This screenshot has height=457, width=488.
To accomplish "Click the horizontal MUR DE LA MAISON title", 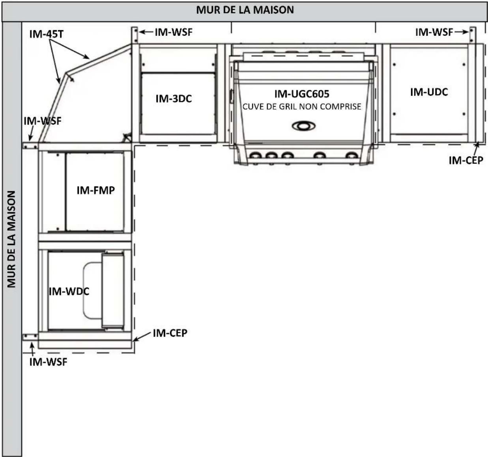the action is coord(245,10).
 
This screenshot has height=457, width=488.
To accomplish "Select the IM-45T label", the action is coord(47,34).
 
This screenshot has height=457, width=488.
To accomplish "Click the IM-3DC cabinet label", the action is coord(174,99).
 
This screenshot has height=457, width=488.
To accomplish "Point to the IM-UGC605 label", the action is coord(302,94).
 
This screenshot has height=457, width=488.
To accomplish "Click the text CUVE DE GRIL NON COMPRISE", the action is coord(302,106).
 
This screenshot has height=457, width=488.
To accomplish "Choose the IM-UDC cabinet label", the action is coord(429,92).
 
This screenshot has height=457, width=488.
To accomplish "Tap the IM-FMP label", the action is coord(95,190).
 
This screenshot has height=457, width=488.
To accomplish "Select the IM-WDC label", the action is coord(69,292).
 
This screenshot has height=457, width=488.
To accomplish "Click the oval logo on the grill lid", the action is coord(304,126).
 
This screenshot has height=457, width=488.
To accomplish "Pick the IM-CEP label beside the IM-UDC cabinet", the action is coord(466,160).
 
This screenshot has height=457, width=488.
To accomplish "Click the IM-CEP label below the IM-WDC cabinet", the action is coord(170,333).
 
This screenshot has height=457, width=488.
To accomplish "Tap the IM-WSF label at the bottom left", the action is coord(48,362).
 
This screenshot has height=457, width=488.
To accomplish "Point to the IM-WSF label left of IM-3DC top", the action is coord(174,32).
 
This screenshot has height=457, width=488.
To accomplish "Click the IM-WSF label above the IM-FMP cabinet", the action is coord(43,121).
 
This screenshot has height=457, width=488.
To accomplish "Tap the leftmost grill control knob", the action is coord(256,156).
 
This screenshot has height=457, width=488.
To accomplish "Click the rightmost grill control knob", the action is coord(352,156).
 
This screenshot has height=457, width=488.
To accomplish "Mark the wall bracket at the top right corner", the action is coord(473,35).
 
